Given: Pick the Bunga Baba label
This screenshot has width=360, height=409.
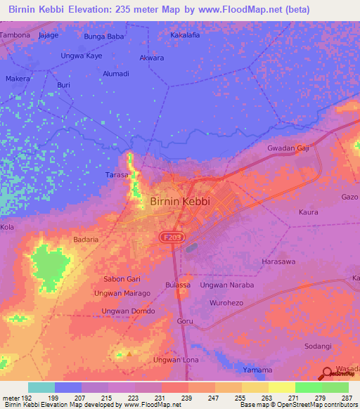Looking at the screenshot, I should coord(103,34).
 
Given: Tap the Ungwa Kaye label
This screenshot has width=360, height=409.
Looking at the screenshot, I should coord(82,55).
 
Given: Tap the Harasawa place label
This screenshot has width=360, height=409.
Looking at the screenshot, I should coord(281,261).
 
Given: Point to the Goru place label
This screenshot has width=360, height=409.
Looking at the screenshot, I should coord(185,321).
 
